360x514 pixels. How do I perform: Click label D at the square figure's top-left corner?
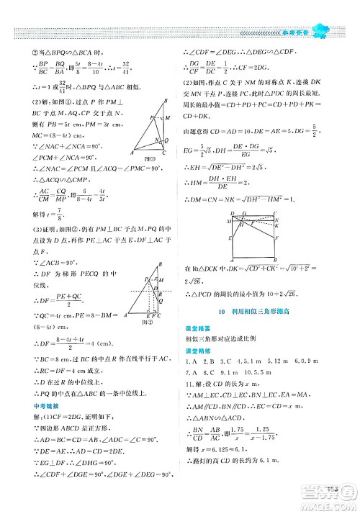point(233,214)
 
